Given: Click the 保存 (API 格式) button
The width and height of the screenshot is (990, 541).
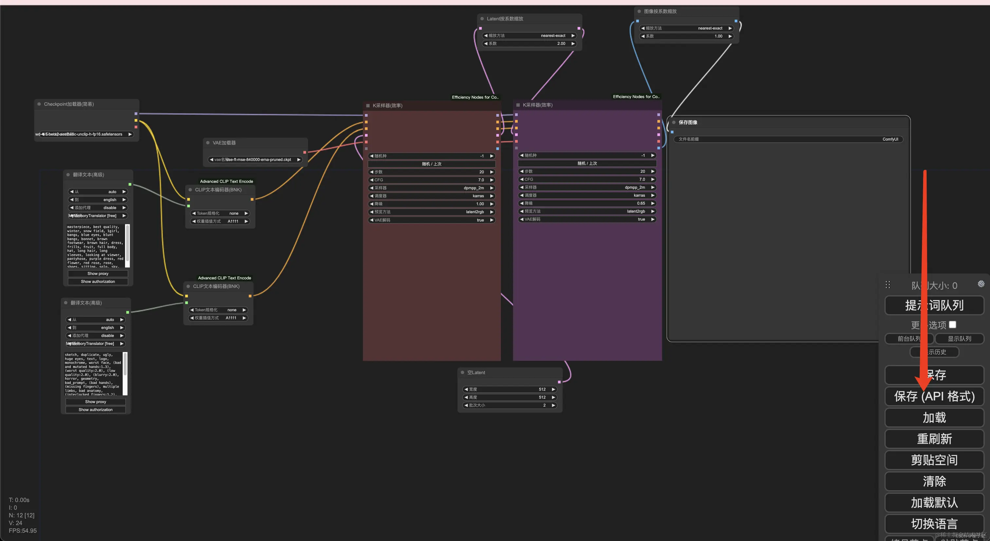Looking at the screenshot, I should pos(934,396).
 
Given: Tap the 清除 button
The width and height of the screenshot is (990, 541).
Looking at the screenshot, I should pos(934,481).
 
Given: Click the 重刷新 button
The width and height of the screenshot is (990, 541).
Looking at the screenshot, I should pos(934,439).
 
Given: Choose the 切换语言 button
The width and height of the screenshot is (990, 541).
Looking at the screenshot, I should pos(934,524).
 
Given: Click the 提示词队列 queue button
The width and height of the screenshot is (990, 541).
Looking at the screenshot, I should pos(934,306).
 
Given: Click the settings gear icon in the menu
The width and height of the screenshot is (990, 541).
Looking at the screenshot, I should pos(981,284).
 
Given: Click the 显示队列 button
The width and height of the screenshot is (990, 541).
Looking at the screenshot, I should pos(959,339).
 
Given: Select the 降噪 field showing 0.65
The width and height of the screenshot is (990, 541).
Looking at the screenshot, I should pos(587,203).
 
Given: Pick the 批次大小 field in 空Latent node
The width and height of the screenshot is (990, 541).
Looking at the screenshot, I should pos(510,405).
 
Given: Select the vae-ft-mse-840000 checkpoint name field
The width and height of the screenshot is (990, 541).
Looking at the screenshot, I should pos(255,160).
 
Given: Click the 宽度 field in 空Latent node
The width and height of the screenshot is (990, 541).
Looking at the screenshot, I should pos(510,390).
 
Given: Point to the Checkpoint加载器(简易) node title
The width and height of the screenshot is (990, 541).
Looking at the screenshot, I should pos(69,104).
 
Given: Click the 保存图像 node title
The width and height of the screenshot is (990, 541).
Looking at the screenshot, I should pos(687,122).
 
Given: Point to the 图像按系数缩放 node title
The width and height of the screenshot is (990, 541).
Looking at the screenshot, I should pos(660,11).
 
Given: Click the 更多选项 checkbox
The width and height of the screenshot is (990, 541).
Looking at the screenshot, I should pos(952,325).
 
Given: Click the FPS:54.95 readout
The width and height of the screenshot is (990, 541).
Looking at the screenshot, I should pos(23,531).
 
